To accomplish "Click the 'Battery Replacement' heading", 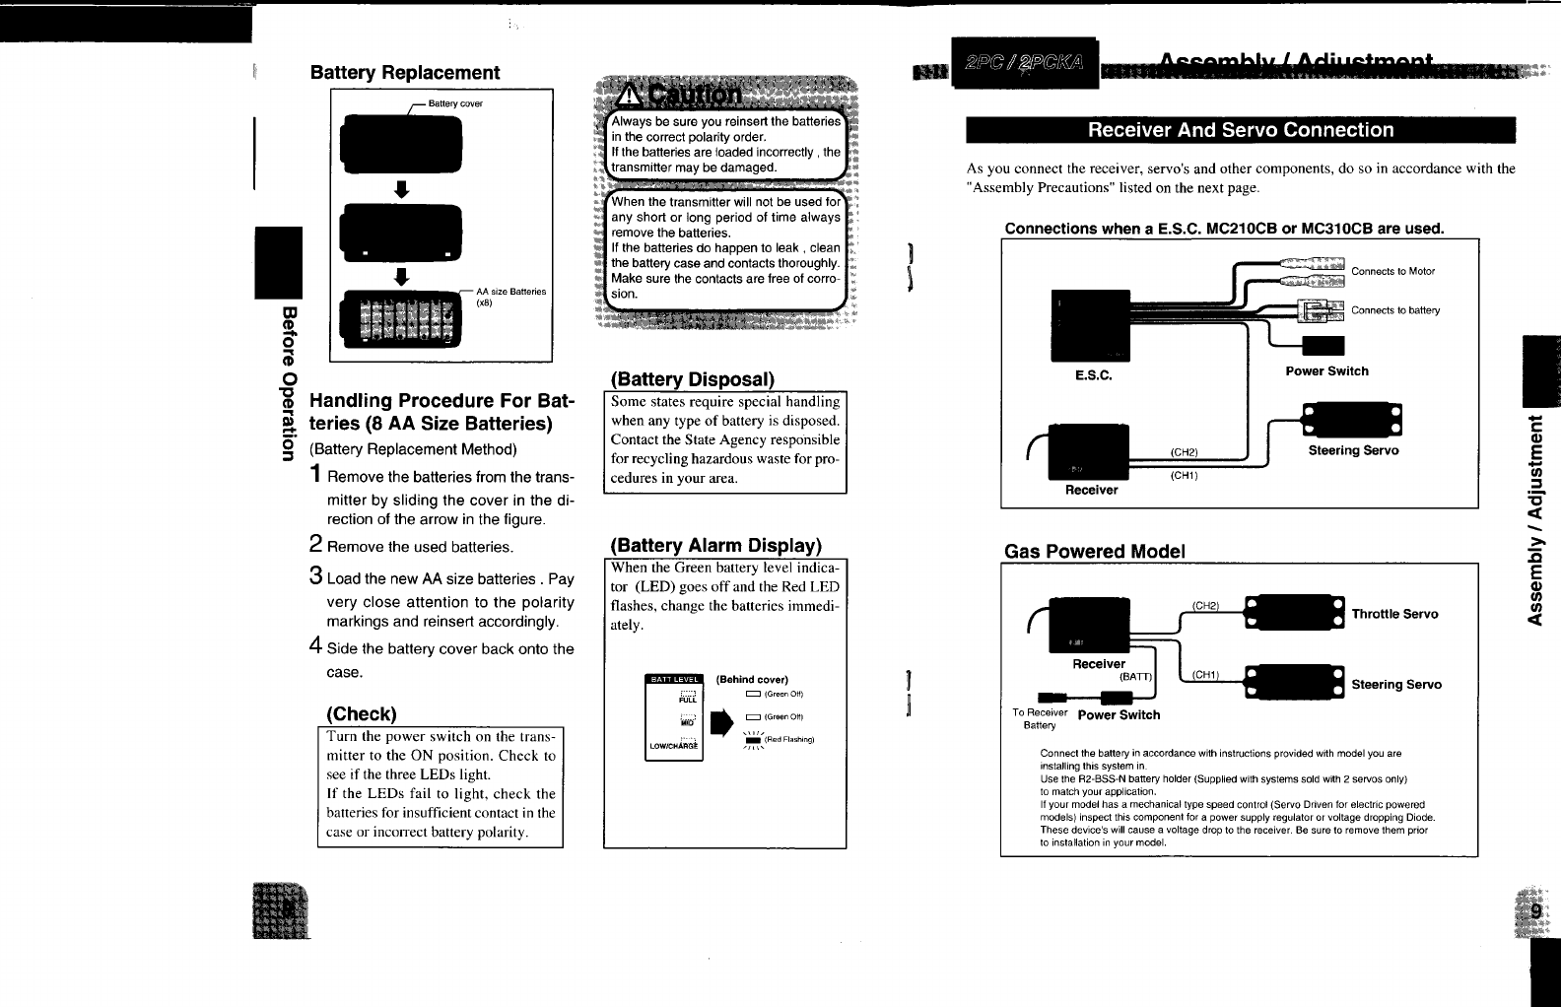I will click(x=405, y=73).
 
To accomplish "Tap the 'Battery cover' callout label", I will click(x=455, y=103).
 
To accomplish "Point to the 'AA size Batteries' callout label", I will click(x=510, y=292).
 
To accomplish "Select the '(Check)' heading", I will click(x=362, y=712).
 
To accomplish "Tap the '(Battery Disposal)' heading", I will click(x=693, y=379).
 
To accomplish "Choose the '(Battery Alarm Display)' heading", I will click(x=715, y=545).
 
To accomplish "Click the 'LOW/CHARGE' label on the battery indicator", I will click(x=673, y=746).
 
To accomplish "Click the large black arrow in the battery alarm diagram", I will click(x=722, y=720).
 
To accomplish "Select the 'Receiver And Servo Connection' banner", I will click(x=1240, y=130).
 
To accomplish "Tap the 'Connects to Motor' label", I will click(x=1392, y=271).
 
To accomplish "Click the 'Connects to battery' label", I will click(x=1394, y=310).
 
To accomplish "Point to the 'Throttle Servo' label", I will click(x=1394, y=614).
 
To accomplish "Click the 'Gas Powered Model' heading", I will click(x=1094, y=551).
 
